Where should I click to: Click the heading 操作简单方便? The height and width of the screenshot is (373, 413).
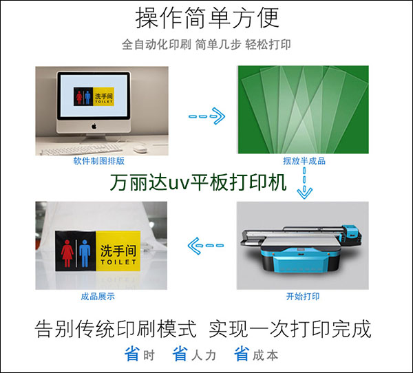coord(207,18)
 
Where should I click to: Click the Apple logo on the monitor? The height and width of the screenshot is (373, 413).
coord(94,126)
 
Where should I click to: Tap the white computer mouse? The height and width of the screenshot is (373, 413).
coord(139,148)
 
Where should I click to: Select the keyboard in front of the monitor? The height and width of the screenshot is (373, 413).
coord(81,149)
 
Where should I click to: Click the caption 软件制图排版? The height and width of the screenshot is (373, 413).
coord(98,160)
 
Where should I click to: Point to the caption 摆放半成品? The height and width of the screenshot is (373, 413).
coord(304,160)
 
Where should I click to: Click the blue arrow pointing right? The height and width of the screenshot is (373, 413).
coord(206,116)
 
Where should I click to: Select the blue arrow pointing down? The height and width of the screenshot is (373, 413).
coord(304,183)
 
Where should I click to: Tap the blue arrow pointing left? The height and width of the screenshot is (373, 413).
coord(206,246)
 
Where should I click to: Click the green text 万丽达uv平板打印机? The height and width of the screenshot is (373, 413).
coord(198,182)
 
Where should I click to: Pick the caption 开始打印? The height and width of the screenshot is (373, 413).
coord(303,297)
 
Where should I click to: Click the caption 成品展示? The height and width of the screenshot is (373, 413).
coord(98,297)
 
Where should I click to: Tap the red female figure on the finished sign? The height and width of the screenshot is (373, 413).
coord(67,253)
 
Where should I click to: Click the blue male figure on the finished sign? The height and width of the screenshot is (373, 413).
coord(85,253)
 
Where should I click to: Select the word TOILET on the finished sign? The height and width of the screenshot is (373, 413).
coord(118,262)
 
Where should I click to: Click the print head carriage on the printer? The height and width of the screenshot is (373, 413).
coord(351,233)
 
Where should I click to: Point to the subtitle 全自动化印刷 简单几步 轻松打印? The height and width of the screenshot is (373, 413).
coord(206,44)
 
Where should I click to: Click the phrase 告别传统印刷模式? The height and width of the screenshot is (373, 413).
coord(116,329)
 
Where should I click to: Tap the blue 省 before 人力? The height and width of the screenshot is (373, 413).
coord(180,354)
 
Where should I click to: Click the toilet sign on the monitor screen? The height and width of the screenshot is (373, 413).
coord(94,96)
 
